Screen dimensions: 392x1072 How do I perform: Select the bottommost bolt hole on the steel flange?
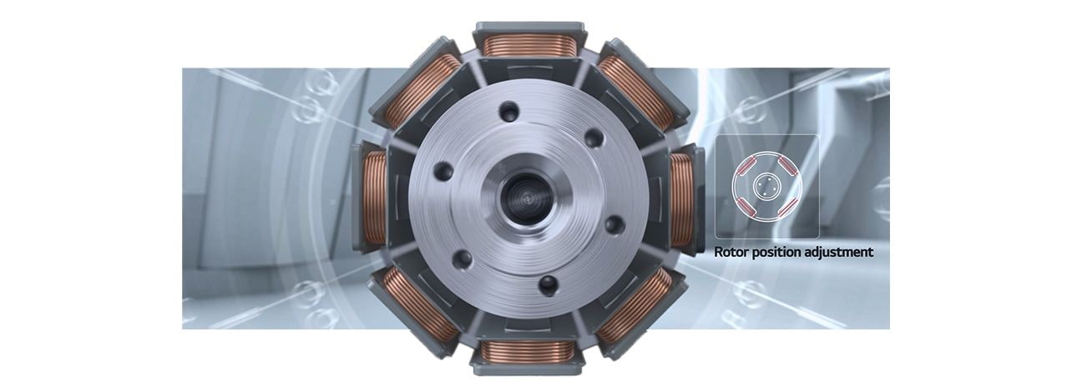(x=548, y=285)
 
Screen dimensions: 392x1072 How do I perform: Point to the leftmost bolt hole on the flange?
(x=442, y=172)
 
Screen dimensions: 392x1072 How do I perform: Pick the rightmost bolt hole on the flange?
(x=614, y=224)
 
